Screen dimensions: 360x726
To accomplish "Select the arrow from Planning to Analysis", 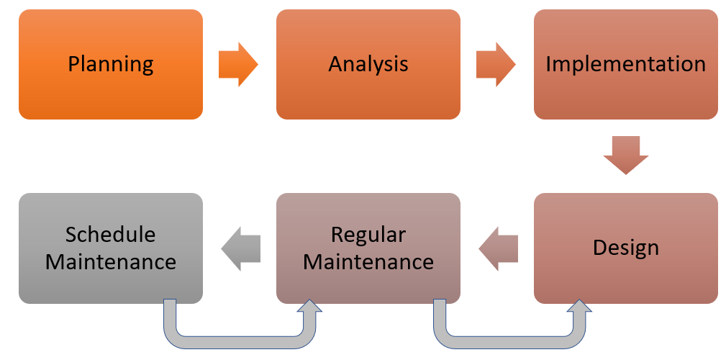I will click(x=238, y=64).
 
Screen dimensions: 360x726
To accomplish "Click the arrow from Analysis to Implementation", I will click(x=496, y=64).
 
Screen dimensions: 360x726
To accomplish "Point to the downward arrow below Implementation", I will click(x=625, y=154).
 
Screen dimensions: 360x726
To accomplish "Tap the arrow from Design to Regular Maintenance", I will click(x=499, y=248).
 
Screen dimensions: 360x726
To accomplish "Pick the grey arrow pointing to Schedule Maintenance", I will click(x=240, y=248).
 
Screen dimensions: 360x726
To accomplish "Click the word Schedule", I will click(x=111, y=235).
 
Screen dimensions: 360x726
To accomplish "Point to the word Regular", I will click(x=368, y=235).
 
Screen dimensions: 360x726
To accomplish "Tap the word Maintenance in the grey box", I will click(x=111, y=261).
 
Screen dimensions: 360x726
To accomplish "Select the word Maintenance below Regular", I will click(x=368, y=261).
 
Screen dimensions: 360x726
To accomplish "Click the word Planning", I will click(x=111, y=64).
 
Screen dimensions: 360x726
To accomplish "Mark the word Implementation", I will click(x=625, y=64).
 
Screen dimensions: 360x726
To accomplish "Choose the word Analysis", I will click(x=368, y=64).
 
